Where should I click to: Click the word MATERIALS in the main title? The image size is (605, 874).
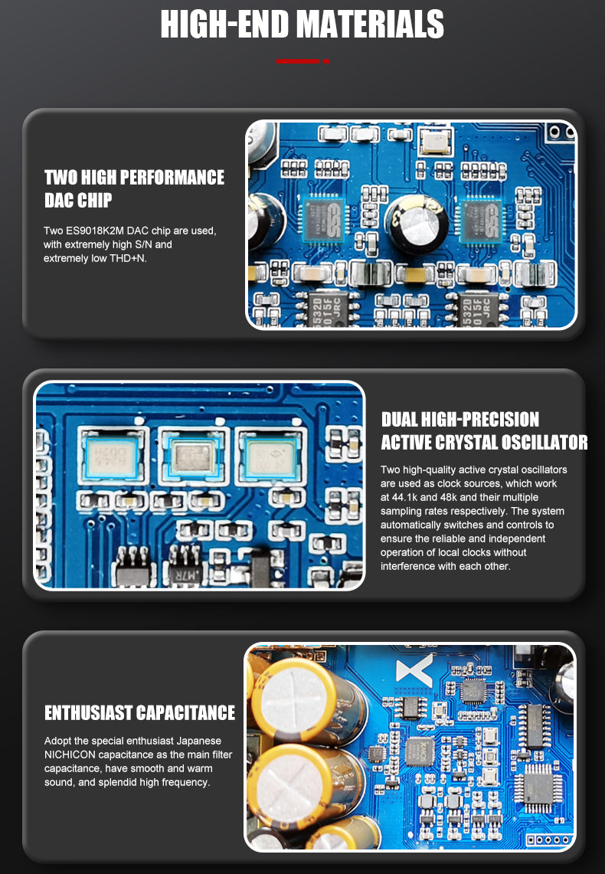point(369,25)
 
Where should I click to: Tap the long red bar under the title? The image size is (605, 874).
point(297,61)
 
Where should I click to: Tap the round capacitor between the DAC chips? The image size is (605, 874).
point(416,223)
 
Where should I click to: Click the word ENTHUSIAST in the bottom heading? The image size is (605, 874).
point(89,713)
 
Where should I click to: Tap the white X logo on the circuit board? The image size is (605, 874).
point(414,670)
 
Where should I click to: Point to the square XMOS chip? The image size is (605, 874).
point(420,751)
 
